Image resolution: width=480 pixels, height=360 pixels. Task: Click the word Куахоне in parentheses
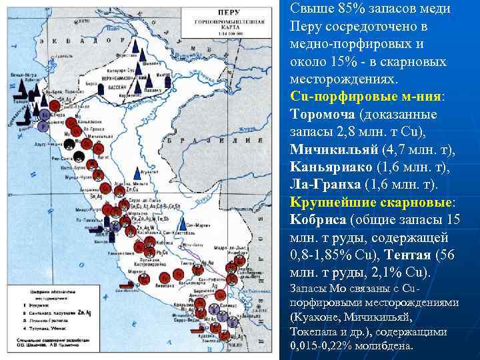tap(317, 317)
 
